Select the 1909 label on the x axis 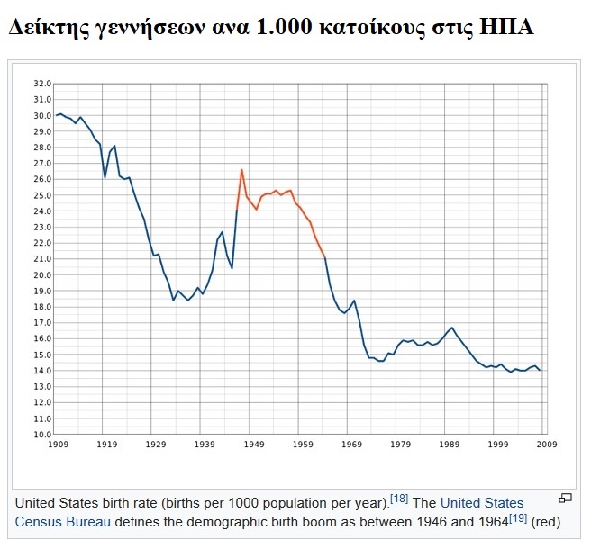pos(59,445)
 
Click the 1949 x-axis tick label pos(254,445)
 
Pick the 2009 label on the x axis pos(547,445)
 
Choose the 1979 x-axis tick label pos(401,445)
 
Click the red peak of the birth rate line pos(241,169)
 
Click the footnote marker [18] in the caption pos(399,499)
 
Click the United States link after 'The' pos(480,502)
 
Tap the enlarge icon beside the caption pos(566,499)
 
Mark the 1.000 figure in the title pos(281,28)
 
